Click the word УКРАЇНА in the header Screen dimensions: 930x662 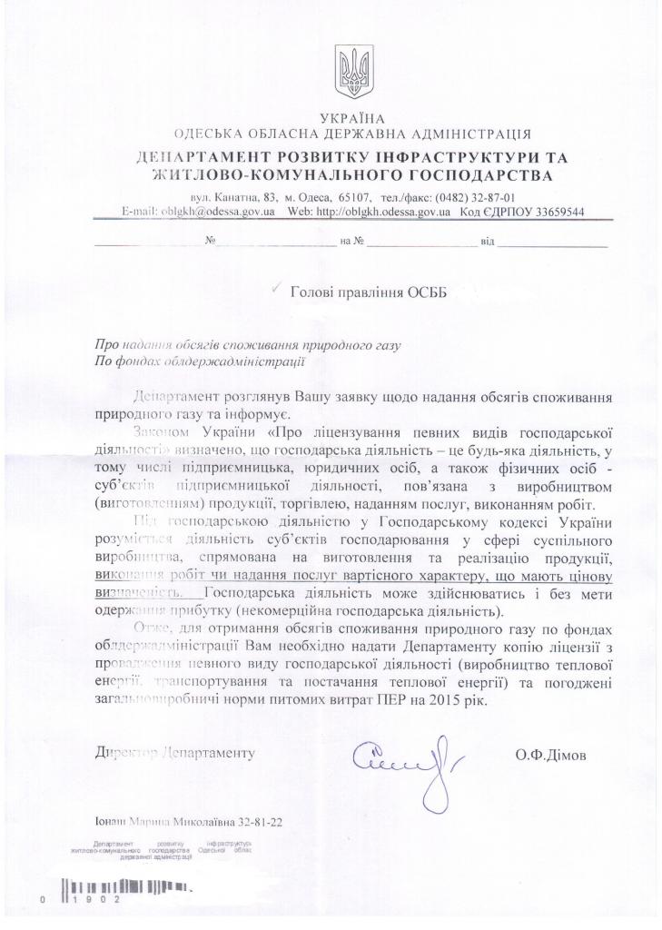[352, 118]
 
